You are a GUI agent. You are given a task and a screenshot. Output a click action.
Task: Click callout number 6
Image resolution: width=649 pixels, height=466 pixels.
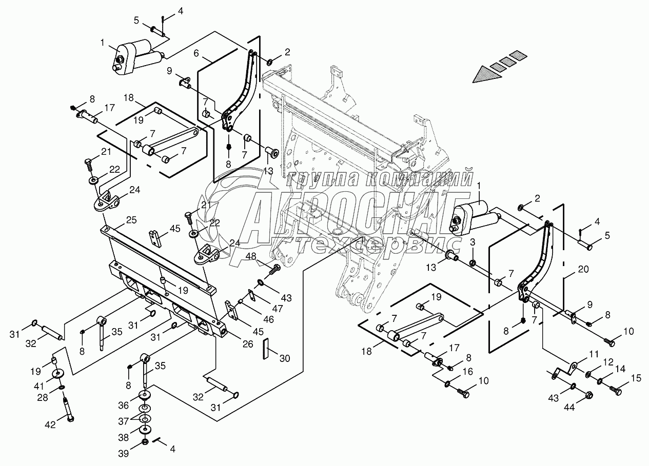[x=196, y=53]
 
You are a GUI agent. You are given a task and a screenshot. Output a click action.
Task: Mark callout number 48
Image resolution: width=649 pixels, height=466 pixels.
[x=251, y=256]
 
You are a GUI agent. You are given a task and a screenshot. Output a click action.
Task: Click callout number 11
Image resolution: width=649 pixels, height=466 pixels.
[x=580, y=354]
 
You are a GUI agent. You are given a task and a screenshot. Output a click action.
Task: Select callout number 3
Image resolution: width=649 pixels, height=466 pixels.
[x=473, y=241]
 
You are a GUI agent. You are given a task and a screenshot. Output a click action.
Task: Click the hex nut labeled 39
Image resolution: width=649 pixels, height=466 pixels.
[x=145, y=441]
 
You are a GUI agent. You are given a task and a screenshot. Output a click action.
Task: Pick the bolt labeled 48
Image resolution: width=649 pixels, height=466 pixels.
[x=276, y=268]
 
